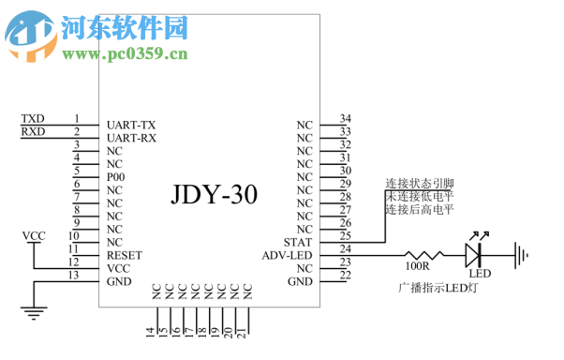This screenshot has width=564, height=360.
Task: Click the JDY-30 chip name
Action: (x=215, y=194)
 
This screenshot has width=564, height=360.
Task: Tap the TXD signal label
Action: (x=33, y=119)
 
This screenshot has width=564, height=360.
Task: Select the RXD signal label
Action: (x=33, y=132)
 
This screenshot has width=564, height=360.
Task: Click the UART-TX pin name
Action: (x=131, y=124)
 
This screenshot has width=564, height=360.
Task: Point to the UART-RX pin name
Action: (x=131, y=137)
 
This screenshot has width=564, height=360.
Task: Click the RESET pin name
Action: (x=124, y=255)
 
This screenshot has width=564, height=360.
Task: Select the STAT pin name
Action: (x=298, y=242)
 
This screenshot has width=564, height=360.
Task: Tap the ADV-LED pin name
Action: (x=288, y=255)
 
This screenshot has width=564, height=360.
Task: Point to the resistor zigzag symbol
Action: (x=426, y=253)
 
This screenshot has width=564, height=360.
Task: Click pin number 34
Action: (x=345, y=119)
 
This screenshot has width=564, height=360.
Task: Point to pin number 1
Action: (x=76, y=119)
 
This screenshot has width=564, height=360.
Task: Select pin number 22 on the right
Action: (x=345, y=276)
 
